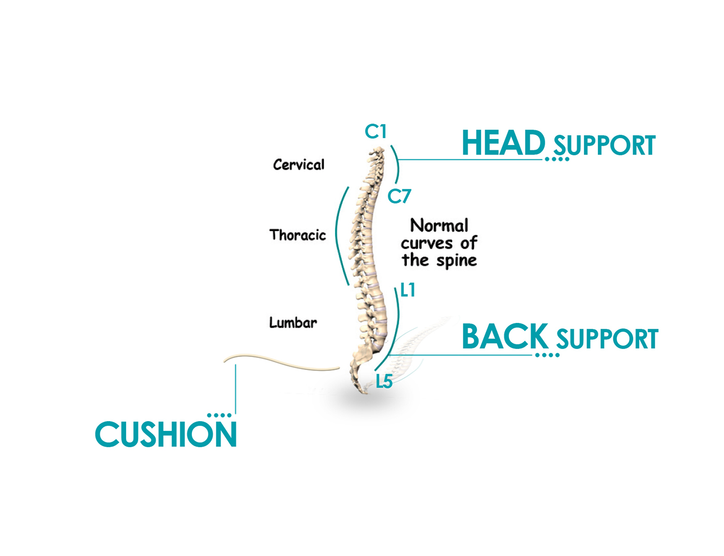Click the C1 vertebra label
coord(375,132)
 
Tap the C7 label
coord(399,196)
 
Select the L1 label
coord(408,290)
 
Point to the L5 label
coord(384,382)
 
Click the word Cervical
coord(299,165)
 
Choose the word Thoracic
coord(298,235)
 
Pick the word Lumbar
coord(293,323)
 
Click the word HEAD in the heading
coord(503,143)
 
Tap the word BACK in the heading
coord(505,337)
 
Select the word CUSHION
coord(166,435)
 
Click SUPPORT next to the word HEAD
coord(605,146)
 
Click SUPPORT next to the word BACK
coord(607,339)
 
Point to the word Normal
coord(439,226)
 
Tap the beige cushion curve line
coord(279,361)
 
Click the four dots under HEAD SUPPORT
coord(557,159)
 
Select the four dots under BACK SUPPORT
coord(547,355)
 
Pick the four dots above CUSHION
coord(219,415)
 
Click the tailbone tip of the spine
coord(365,392)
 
